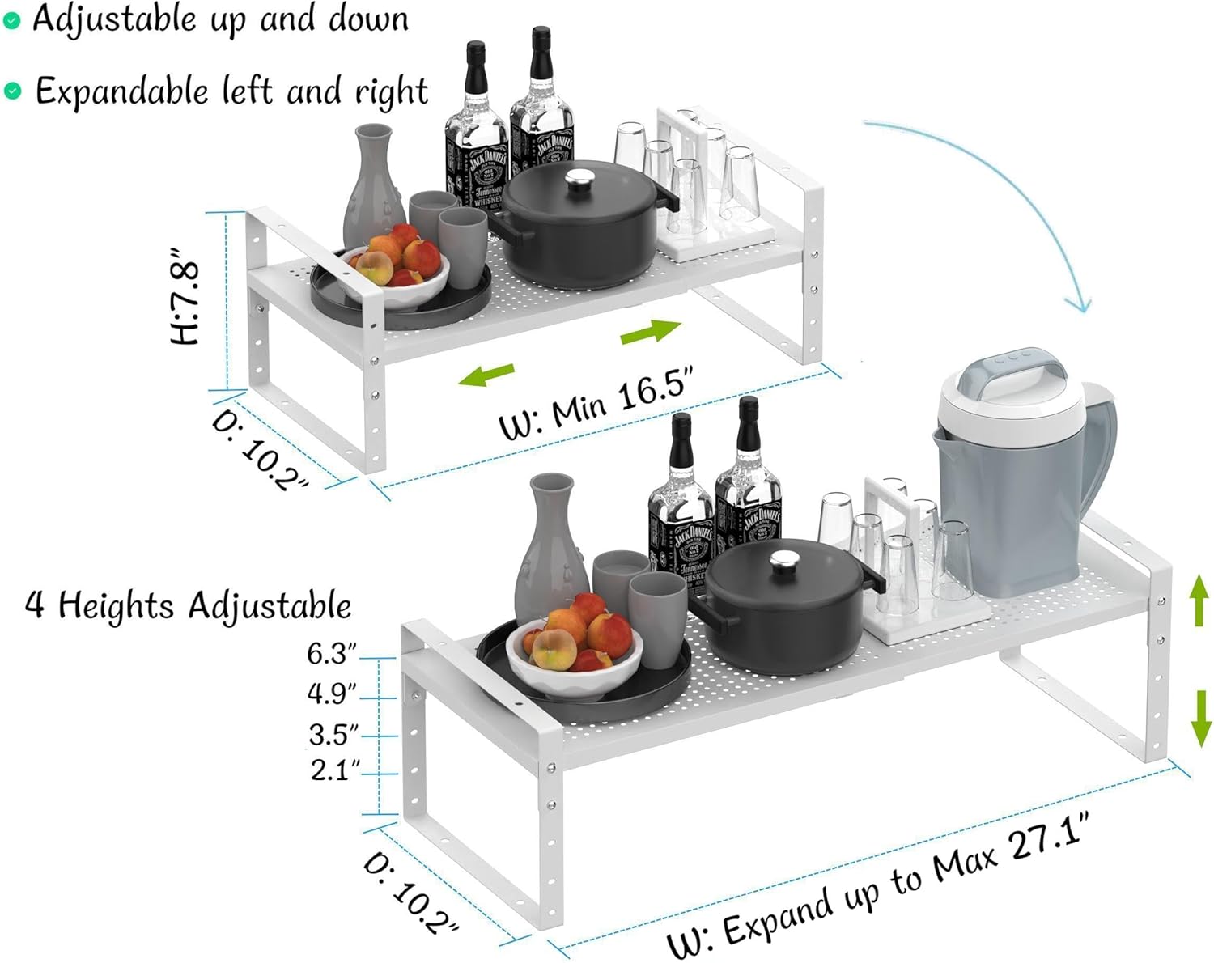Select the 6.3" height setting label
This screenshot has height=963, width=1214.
point(332,653)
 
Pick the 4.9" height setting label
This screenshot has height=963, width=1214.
point(332,694)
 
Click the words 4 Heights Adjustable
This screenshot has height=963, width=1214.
point(189,605)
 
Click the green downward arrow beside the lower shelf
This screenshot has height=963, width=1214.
point(1200,719)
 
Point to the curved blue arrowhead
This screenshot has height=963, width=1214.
point(1080,303)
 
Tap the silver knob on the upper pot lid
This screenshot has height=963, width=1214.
point(580,180)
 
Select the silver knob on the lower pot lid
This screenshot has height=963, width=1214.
point(783,562)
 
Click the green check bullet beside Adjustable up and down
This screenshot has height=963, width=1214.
point(11,22)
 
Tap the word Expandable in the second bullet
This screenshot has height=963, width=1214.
point(121,91)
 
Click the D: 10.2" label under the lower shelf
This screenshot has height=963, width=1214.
point(410,893)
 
